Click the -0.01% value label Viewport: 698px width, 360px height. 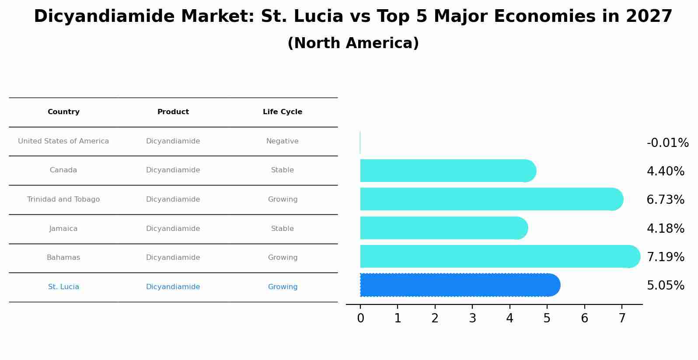pos(667,143)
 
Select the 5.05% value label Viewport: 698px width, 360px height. pos(665,286)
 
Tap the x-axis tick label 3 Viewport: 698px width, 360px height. pos(472,318)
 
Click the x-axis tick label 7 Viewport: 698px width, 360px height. pos(622,318)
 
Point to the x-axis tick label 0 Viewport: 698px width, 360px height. pos(360,318)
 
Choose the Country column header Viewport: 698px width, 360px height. pos(63,112)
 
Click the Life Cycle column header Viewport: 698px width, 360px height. pos(283,112)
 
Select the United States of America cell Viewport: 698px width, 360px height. pos(63,141)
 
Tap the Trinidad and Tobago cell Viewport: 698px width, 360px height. pos(63,199)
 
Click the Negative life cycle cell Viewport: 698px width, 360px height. pos(283,141)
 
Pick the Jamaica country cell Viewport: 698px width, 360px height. pos(63,229)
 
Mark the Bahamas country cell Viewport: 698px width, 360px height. pos(63,258)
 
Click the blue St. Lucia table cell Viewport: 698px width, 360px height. pos(63,287)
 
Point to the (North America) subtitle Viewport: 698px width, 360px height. pos(353,43)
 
